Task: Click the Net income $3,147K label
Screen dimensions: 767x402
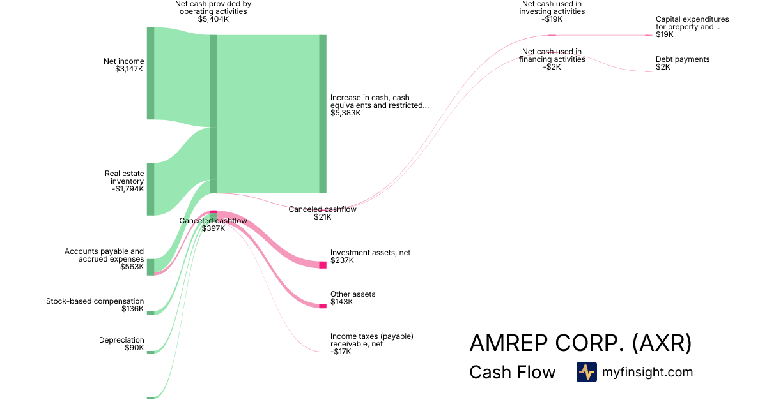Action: coord(123,65)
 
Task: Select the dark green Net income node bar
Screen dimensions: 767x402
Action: coord(151,73)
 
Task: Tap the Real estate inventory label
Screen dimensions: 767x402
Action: coord(124,181)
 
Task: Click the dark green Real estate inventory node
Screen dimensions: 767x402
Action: coord(151,189)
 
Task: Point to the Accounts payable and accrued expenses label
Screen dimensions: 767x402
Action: coord(104,259)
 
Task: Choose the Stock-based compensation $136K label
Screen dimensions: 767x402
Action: coord(95,305)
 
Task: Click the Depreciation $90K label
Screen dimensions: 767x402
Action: coord(121,344)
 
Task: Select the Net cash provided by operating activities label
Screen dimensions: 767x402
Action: coord(213,11)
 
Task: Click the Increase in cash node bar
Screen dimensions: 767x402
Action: coord(323,114)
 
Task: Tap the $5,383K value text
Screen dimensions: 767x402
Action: coord(346,113)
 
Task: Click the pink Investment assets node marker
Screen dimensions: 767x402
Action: coord(323,265)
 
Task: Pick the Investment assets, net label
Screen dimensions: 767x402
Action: coord(370,257)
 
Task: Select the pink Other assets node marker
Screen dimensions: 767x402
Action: coord(323,306)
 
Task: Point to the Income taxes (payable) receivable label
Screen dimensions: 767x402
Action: coord(372,344)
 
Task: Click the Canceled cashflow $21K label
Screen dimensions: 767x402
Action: coord(322,213)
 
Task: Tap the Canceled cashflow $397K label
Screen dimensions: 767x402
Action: coord(213,225)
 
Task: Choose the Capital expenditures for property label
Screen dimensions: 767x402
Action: coord(692,27)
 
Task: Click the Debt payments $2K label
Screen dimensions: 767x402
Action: coord(683,63)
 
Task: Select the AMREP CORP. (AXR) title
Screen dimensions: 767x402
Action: coord(580,343)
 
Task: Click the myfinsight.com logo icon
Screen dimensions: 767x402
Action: coord(587,372)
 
